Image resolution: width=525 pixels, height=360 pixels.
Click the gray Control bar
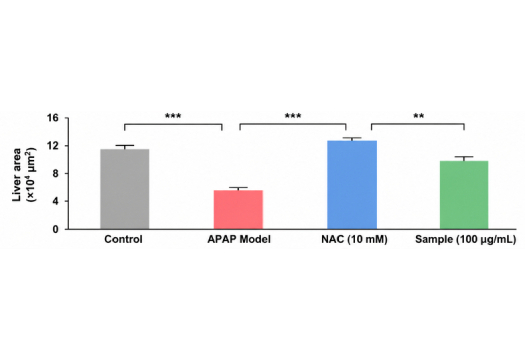coord(125,189)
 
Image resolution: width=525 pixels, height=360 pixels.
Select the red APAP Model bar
coord(238,210)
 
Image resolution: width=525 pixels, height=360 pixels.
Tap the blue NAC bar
coord(352,185)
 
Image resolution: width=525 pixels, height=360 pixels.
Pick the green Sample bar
coord(464,195)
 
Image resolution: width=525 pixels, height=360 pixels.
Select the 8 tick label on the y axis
coord(56,174)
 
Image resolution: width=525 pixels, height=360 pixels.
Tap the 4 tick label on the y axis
coord(56,202)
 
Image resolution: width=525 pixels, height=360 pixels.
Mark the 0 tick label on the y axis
coord(56,230)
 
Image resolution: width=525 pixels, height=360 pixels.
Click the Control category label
coord(123,239)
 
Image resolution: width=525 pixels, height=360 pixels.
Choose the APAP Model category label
coord(239,239)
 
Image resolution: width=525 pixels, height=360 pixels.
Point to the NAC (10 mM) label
coord(354,240)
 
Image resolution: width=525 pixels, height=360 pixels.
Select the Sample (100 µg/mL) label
coord(465,240)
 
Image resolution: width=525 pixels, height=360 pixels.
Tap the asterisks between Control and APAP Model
coord(173,116)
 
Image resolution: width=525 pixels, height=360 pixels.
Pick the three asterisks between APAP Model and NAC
coord(293,116)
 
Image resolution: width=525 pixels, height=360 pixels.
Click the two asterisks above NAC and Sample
coord(419,116)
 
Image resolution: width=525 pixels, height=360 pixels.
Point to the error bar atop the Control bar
coord(125,147)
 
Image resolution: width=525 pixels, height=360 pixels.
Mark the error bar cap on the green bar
coord(464,157)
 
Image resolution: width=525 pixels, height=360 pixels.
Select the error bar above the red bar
coord(238,189)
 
